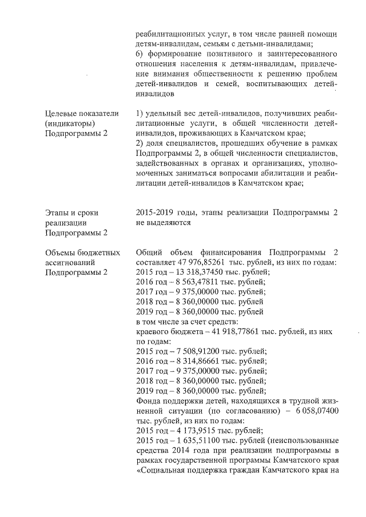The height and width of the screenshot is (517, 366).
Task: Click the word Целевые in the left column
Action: coord(62,113)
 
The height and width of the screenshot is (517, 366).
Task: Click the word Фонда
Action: coord(150,401)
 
